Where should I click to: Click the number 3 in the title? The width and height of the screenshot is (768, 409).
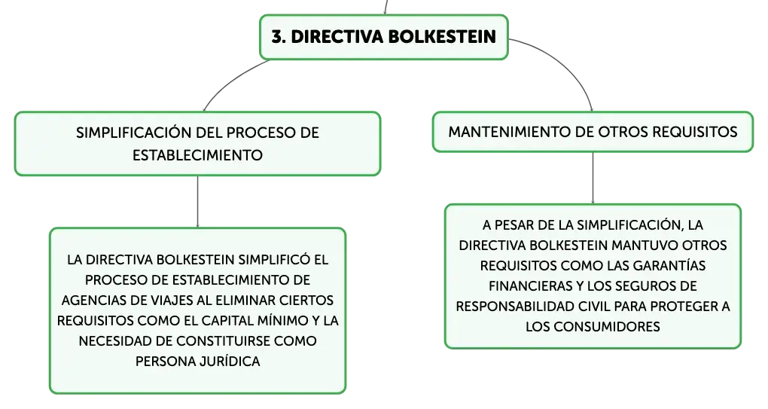tap(278, 37)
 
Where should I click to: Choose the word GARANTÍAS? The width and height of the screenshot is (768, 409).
tap(669, 265)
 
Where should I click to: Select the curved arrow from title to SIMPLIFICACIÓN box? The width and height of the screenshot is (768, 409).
tap(229, 81)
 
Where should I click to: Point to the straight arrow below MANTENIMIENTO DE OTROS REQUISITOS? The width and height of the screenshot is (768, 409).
tap(593, 179)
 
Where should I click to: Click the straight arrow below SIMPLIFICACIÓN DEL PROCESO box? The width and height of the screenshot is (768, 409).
tap(197, 202)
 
